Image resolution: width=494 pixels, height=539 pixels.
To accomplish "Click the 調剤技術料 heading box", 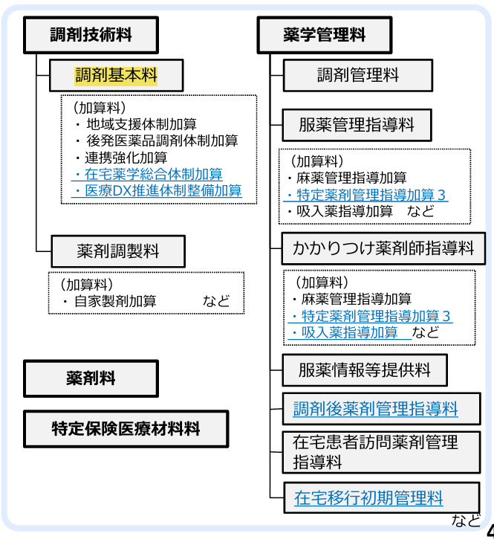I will [91, 35].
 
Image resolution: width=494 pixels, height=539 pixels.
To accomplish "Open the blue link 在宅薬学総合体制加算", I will [152, 174].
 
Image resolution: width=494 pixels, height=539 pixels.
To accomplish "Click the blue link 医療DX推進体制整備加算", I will [161, 190].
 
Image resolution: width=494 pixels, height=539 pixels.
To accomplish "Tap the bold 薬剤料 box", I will [91, 378].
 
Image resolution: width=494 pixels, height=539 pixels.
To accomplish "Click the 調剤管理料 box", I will [357, 76].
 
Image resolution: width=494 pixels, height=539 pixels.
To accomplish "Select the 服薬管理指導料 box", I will [357, 123].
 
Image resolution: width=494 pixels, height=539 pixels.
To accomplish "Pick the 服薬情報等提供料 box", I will [365, 369].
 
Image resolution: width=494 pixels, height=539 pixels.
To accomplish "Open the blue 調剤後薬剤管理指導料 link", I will [375, 408].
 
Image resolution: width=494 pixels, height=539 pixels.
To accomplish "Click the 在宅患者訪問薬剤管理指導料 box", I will [375, 451].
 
